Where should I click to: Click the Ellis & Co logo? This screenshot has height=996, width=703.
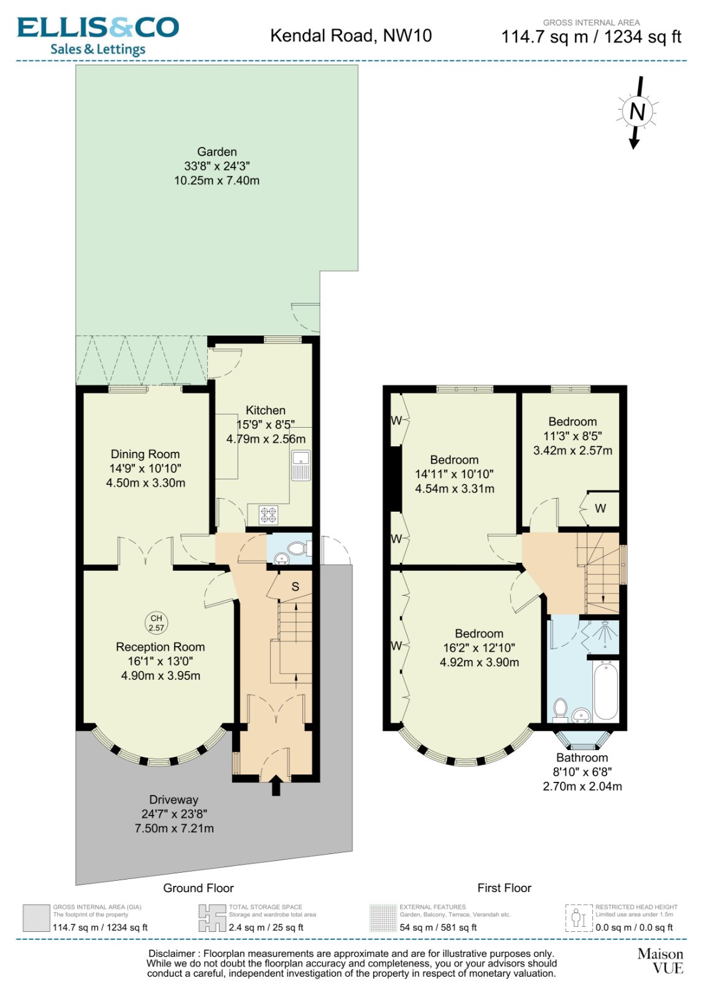[98, 36]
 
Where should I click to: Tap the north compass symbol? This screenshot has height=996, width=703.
[636, 111]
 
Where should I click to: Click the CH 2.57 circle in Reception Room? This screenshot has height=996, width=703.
[156, 623]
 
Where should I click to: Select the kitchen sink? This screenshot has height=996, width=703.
[301, 465]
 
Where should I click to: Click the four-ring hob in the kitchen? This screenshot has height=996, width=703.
[269, 515]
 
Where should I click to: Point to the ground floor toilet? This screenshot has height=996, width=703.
[297, 548]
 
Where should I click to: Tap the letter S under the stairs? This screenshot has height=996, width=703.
[296, 586]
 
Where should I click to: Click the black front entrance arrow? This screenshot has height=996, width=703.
[276, 786]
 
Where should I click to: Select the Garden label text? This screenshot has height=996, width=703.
[216, 152]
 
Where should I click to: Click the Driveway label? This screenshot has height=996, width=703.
[174, 800]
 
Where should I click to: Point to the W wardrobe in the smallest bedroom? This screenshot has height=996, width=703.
[600, 509]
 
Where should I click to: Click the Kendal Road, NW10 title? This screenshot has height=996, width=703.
[351, 35]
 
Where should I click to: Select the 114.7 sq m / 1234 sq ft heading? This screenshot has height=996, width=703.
[591, 37]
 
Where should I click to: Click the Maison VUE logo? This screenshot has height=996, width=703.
[660, 961]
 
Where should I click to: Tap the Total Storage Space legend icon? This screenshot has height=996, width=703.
[212, 918]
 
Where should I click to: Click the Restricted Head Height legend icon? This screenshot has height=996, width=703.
[579, 918]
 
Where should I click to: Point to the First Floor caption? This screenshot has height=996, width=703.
[504, 888]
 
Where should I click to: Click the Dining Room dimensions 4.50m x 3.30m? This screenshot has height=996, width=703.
[146, 483]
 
